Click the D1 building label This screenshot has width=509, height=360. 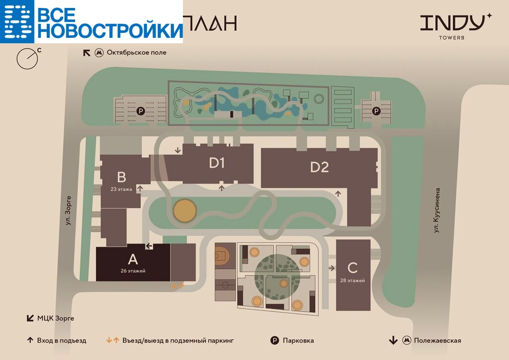[x=217, y=163]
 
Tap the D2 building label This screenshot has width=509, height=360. [x=320, y=168]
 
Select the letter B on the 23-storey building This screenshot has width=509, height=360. [x=122, y=177]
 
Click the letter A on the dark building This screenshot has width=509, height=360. [x=133, y=259]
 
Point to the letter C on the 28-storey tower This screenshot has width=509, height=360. [x=352, y=268]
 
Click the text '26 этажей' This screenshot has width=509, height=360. [x=133, y=271]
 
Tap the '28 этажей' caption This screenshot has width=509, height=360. [x=353, y=280]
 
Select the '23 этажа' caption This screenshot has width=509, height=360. [x=122, y=189]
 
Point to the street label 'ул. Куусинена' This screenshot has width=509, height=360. [x=437, y=210]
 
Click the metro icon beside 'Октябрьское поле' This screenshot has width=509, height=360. [x=99, y=53]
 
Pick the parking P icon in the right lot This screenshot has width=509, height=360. [x=376, y=111]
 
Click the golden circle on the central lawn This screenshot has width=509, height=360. [x=184, y=210]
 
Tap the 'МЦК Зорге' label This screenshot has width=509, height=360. [x=56, y=318]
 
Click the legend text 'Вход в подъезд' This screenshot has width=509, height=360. [x=61, y=341]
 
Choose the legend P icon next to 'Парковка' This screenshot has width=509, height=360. [x=274, y=341]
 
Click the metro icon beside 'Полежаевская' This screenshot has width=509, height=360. [x=407, y=341]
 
